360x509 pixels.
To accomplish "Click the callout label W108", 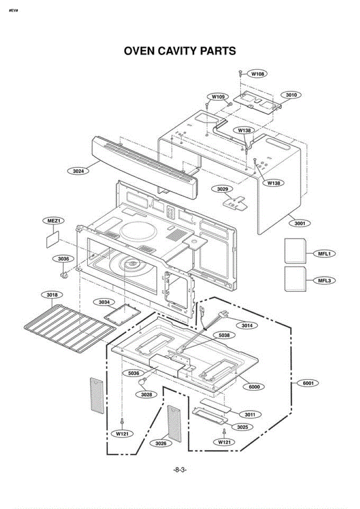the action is [257, 74].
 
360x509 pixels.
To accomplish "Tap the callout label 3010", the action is [291, 95].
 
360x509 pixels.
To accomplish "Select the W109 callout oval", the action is [218, 97].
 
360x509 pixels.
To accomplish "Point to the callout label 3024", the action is [78, 171].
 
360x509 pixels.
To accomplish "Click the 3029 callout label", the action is [222, 189].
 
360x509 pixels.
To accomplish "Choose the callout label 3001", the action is [300, 224].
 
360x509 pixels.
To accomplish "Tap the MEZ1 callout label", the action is [53, 221].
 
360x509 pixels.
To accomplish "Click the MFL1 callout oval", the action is [324, 254].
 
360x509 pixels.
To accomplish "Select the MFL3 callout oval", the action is [324, 281].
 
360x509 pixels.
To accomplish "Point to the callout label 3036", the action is [63, 259].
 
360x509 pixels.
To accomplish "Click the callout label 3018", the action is [52, 295].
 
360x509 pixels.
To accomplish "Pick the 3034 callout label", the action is [104, 302].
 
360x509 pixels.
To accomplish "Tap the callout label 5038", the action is [224, 335].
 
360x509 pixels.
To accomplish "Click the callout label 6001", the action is [308, 383].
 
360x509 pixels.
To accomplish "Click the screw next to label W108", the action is [240, 74].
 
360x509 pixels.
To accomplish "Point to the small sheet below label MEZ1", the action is [53, 239].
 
